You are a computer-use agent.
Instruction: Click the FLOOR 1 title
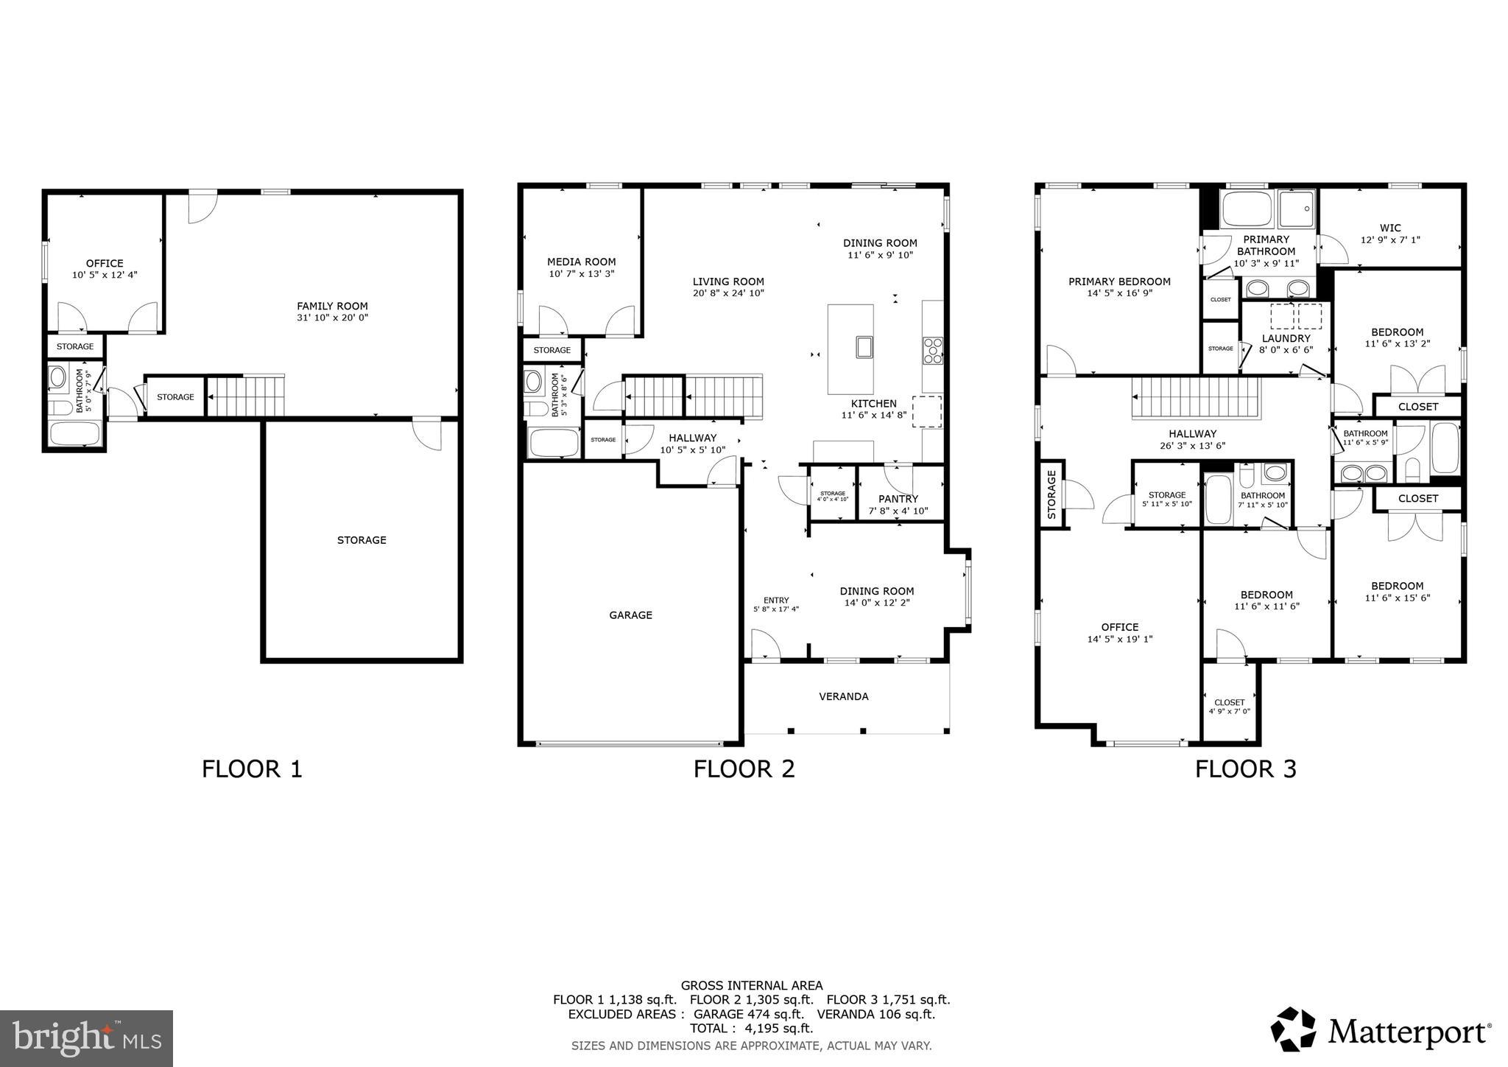pyautogui.click(x=252, y=769)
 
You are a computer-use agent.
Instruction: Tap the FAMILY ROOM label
pyautogui.click(x=332, y=306)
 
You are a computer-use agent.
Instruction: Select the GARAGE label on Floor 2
pyautogui.click(x=630, y=615)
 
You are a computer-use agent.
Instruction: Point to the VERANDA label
pyautogui.click(x=844, y=696)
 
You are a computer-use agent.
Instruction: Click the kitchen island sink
pyautogui.click(x=864, y=346)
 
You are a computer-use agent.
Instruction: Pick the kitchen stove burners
pyautogui.click(x=933, y=351)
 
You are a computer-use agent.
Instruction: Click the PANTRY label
pyautogui.click(x=898, y=499)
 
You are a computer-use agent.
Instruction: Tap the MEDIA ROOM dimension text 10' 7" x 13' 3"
pyautogui.click(x=581, y=274)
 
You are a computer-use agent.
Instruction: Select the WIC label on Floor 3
pyautogui.click(x=1390, y=228)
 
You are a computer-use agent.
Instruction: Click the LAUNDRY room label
pyautogui.click(x=1286, y=338)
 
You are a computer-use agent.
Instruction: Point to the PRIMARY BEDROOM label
pyautogui.click(x=1119, y=281)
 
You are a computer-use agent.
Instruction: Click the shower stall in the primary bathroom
pyautogui.click(x=1297, y=209)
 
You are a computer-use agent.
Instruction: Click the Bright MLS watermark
pyautogui.click(x=86, y=1038)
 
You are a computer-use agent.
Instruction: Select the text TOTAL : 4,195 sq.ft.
pyautogui.click(x=751, y=1029)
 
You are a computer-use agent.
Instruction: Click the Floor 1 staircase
pyautogui.click(x=245, y=396)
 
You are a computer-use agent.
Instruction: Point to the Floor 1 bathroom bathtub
pyautogui.click(x=75, y=433)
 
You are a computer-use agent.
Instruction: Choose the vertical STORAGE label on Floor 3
pyautogui.click(x=1051, y=495)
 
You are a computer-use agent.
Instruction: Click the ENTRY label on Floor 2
pyautogui.click(x=776, y=601)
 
